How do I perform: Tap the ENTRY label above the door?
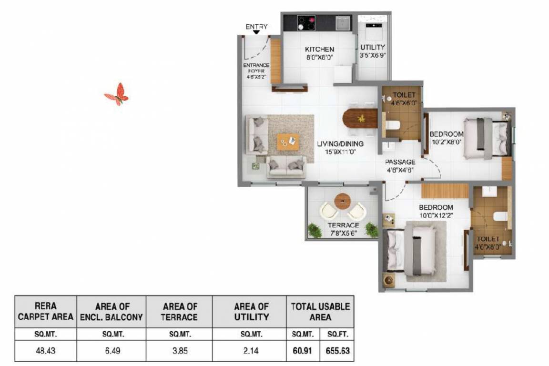(256, 27)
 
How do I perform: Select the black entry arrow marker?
(256, 32)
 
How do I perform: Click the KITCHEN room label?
(319, 50)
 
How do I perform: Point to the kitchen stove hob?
(307, 22)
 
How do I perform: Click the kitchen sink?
(342, 22)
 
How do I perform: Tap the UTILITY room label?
(372, 47)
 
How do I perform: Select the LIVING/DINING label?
(340, 143)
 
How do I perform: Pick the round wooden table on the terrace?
(342, 200)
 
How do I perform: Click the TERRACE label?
(343, 225)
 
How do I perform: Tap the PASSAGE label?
(400, 162)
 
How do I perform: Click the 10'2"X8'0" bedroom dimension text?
(446, 142)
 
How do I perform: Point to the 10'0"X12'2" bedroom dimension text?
(435, 215)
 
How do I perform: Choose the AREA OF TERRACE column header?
(180, 312)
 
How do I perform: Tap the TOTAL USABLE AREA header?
(320, 312)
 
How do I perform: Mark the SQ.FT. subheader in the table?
(337, 334)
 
